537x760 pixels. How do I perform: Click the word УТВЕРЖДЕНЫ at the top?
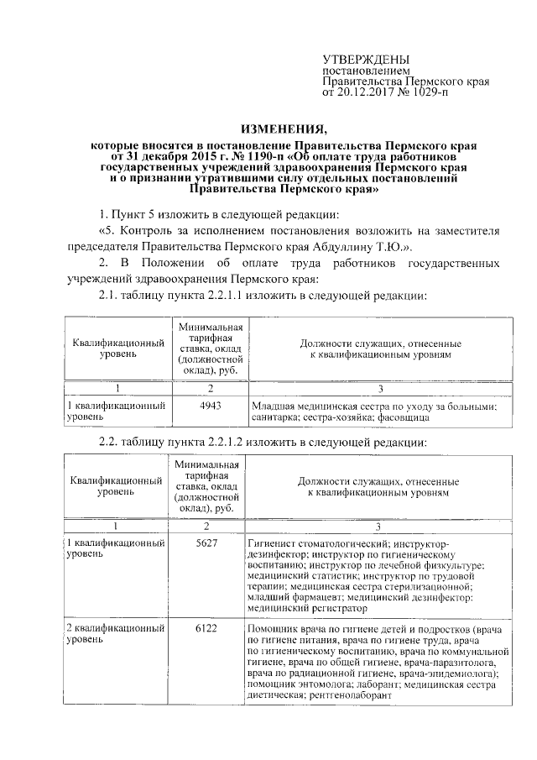tap(367, 60)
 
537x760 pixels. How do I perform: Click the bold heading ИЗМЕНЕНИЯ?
tap(284, 128)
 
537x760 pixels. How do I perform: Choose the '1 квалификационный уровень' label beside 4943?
tap(114, 411)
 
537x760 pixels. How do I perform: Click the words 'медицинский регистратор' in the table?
tap(308, 605)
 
